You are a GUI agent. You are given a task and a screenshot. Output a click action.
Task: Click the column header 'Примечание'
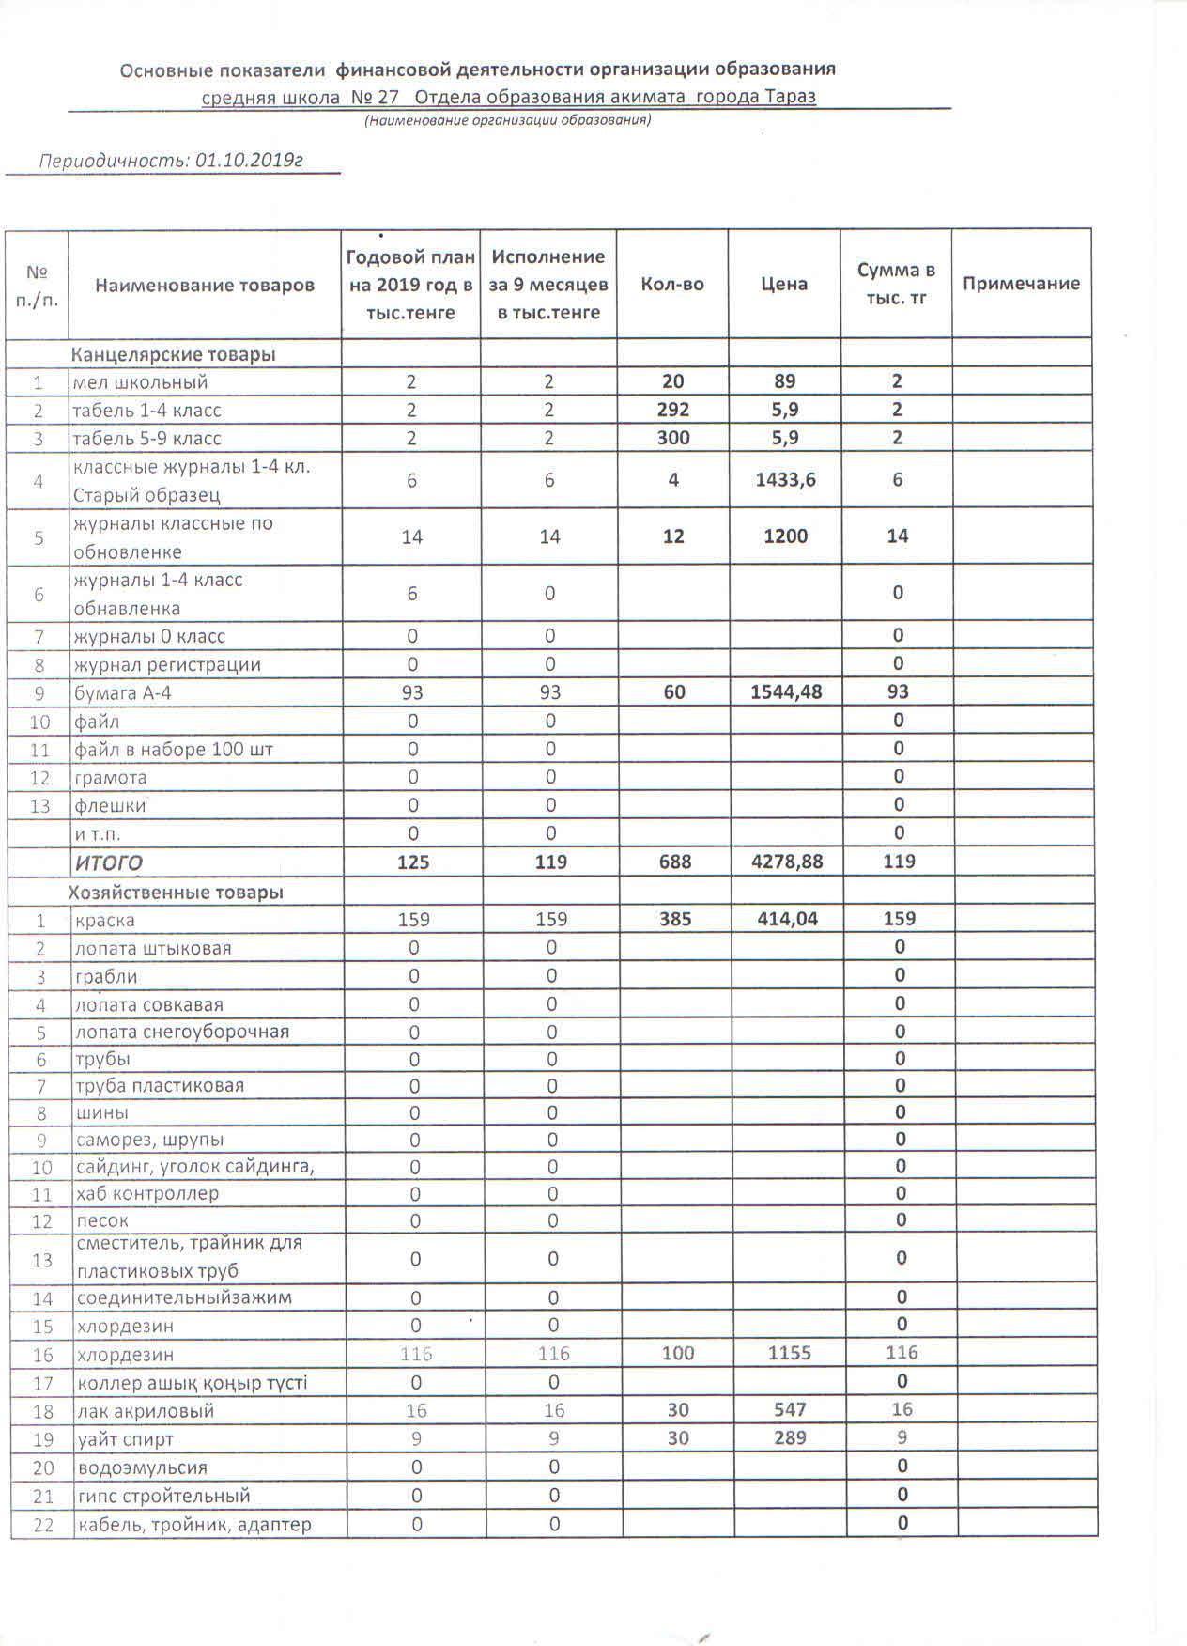point(1021,284)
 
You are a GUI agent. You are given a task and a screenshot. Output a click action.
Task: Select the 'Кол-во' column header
point(672,284)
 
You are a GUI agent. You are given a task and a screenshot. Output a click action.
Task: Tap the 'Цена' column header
point(784,284)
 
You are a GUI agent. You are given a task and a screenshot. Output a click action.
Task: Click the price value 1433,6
point(785,480)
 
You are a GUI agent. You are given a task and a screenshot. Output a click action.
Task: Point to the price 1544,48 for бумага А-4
point(786,692)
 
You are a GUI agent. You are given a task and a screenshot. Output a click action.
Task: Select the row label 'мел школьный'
point(141,382)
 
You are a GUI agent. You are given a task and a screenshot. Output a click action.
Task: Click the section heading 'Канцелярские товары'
point(174,354)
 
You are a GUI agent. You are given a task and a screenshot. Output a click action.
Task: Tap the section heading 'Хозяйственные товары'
point(177,892)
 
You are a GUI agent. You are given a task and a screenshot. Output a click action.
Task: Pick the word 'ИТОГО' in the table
point(109,862)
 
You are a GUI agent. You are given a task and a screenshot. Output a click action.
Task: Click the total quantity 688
point(674,862)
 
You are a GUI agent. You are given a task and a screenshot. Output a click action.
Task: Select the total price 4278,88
point(786,862)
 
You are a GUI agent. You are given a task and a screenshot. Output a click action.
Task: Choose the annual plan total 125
point(413,862)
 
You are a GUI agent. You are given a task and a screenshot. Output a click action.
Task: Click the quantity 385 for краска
point(675,919)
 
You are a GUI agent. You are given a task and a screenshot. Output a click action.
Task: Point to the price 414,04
point(787,919)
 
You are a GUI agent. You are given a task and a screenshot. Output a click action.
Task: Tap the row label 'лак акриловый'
point(146,1411)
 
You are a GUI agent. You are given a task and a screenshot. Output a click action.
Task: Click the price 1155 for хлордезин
point(789,1354)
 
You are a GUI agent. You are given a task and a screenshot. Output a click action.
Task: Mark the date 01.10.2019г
point(249,160)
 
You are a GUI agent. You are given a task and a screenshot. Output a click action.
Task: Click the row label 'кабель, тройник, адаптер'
point(193,1524)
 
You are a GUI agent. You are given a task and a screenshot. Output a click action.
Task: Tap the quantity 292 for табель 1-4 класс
point(673,410)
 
